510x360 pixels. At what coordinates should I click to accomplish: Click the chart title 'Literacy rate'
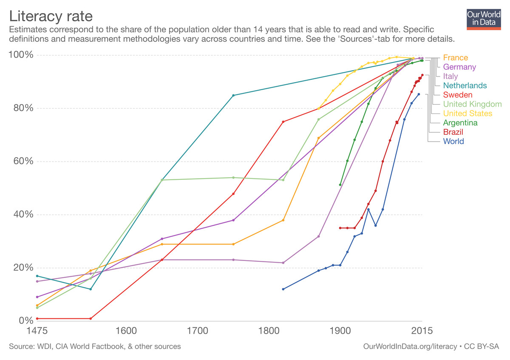[51, 17]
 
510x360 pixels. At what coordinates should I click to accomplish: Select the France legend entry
[455, 58]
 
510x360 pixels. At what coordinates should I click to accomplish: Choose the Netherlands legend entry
[465, 86]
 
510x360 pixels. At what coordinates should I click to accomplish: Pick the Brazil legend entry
[453, 132]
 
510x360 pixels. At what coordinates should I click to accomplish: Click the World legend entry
[453, 142]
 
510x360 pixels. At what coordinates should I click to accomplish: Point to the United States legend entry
[467, 113]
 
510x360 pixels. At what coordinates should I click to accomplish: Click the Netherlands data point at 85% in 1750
[233, 95]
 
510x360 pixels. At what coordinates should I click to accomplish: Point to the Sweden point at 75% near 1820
[283, 122]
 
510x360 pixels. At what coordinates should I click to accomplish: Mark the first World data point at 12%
[283, 289]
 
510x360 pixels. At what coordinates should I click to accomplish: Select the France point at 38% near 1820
[283, 220]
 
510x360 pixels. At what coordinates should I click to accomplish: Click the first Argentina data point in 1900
[340, 185]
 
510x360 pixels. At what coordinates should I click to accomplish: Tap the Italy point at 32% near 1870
[318, 236]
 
